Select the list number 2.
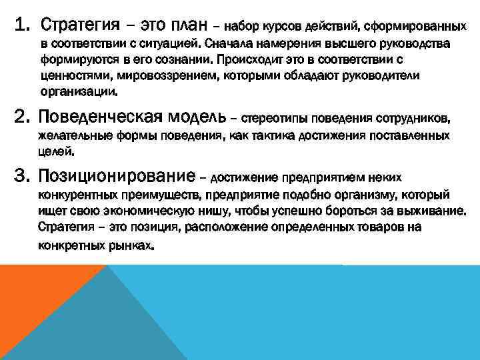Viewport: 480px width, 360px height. point(23,118)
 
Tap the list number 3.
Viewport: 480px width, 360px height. point(23,175)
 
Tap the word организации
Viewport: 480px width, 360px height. point(78,91)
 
